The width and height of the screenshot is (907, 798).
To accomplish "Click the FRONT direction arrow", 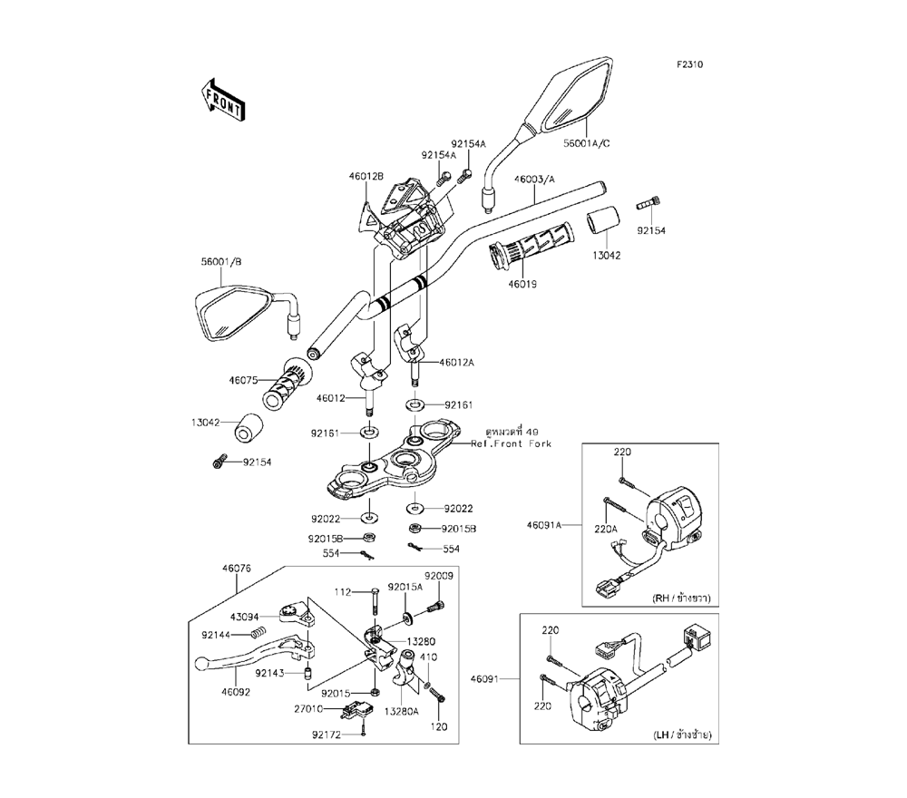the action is coord(223,100).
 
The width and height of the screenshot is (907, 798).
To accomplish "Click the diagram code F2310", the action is coord(690,64).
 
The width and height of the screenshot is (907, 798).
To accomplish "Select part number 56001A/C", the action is coord(587,143).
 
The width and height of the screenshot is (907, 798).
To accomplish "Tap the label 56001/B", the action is coord(221,262).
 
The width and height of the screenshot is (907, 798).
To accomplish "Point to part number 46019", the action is coord(522,284).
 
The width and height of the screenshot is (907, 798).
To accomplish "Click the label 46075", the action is coord(243,381).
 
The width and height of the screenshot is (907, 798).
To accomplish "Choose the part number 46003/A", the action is coord(534,180).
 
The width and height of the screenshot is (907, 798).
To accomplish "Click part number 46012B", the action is coord(366,176).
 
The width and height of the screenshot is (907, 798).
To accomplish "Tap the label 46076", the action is coord(237,569).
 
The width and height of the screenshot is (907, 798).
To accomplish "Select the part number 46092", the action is coord(236,692).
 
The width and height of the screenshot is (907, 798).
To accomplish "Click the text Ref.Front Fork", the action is coord(511,444).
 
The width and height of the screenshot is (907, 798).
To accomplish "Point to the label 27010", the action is coord(308,708).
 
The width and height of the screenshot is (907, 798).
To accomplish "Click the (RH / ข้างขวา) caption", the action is coord(681,598).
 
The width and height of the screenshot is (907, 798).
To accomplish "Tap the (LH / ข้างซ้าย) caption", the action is coord(682,735).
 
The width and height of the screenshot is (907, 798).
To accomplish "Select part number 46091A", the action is coord(543,525).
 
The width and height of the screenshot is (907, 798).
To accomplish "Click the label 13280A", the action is coord(401,711).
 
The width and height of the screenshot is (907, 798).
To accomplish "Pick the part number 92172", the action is coord(327,735).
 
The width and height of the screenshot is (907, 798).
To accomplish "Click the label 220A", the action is coord(606,529).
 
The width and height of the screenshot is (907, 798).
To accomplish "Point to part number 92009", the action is coord(439,577).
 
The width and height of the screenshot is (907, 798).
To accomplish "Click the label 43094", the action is coord(245,617).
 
